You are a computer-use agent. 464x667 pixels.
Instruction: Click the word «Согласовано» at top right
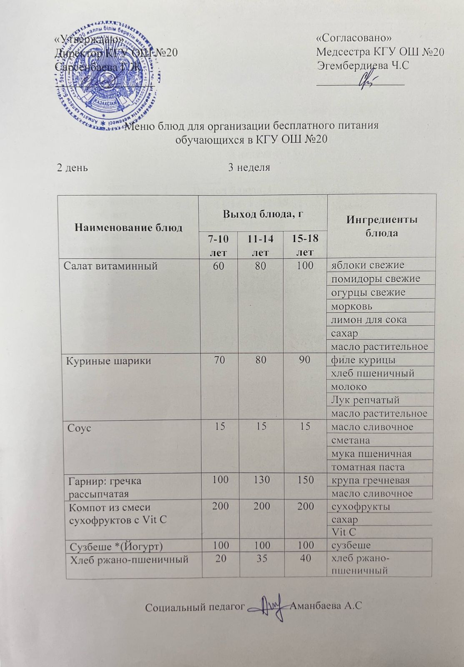click(354, 38)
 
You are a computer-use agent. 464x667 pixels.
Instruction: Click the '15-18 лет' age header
click(305, 245)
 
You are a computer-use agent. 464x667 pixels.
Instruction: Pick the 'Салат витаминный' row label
click(110, 265)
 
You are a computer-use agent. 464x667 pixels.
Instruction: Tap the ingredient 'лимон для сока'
click(369, 319)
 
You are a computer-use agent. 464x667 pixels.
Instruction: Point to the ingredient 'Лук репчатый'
click(365, 400)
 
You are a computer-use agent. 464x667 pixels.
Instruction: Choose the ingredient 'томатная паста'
click(368, 467)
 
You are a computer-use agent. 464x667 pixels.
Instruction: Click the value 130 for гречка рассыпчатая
click(261, 480)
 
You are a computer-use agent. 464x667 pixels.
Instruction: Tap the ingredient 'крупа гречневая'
click(370, 480)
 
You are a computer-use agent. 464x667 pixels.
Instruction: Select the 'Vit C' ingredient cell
click(344, 532)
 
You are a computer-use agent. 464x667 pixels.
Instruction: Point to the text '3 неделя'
click(249, 168)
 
